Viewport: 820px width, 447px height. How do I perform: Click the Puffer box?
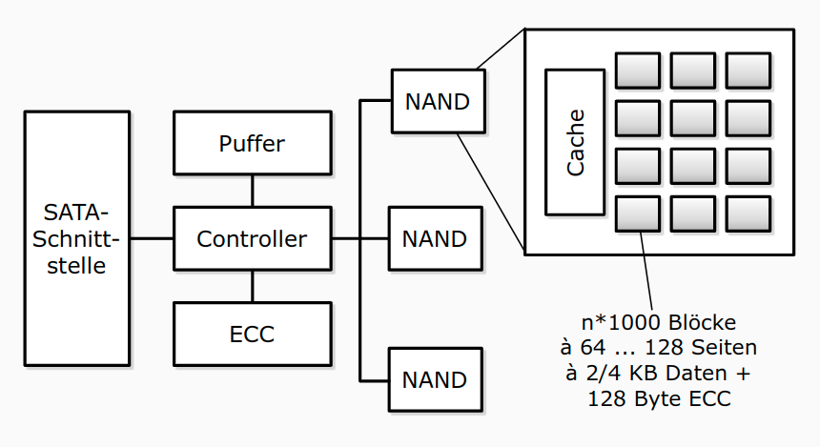tap(252, 144)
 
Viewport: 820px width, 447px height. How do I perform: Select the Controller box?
tap(252, 238)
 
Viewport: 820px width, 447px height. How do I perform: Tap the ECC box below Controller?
tap(252, 335)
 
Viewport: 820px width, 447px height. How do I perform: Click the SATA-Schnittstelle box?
tap(77, 238)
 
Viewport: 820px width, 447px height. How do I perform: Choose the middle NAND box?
tap(435, 238)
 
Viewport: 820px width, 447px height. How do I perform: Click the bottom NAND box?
tap(435, 380)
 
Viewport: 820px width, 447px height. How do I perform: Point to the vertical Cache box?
tap(575, 142)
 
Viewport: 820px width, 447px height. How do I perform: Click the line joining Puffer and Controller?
tap(252, 192)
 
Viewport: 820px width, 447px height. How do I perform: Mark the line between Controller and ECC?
tap(252, 286)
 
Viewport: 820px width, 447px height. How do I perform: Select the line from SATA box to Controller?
tap(151, 238)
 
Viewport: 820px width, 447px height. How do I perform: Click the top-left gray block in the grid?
tap(638, 71)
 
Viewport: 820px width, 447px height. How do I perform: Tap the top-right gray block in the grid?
tap(748, 71)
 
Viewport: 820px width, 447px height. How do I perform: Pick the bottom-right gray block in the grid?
tap(748, 214)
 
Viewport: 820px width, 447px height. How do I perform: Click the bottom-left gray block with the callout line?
tap(638, 214)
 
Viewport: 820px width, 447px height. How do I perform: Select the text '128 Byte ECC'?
tap(660, 398)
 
